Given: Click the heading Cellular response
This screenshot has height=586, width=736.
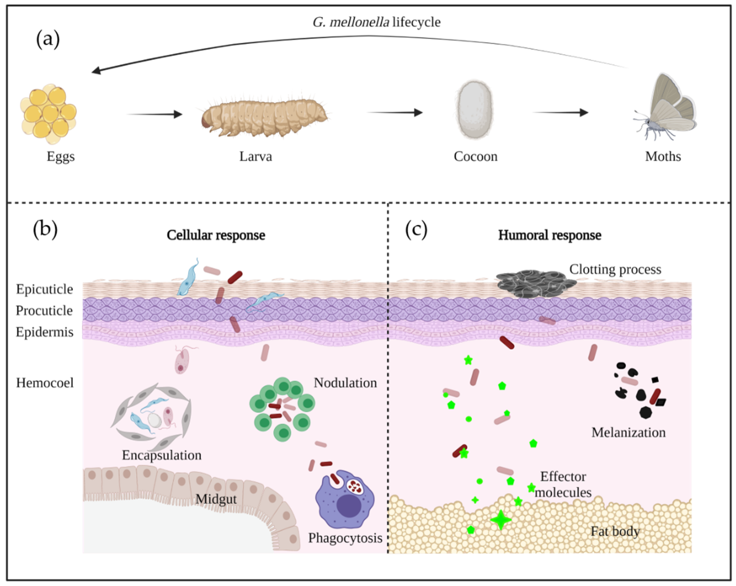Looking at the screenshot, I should (x=216, y=235).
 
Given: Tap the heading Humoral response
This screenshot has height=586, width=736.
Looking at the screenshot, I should (x=550, y=235).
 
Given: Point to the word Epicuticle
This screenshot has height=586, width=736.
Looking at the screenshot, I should (x=44, y=289).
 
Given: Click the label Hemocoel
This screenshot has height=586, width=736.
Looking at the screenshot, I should (x=45, y=383).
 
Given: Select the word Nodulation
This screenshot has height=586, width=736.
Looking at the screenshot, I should (x=345, y=383).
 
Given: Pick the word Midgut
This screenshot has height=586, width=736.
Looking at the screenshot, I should (x=216, y=499).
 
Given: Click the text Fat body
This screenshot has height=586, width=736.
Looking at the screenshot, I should (x=615, y=531).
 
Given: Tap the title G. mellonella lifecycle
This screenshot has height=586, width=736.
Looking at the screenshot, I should (x=376, y=22).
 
